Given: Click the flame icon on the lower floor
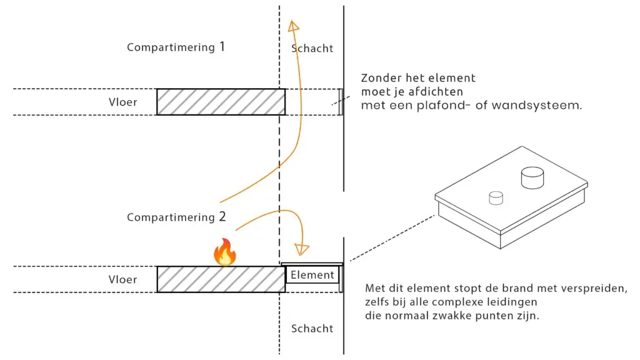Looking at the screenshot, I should click(x=224, y=252).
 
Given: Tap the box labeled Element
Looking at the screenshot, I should click(x=312, y=275).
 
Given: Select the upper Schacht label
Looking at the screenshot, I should click(x=312, y=48).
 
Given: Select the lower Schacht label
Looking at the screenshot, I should click(x=312, y=328).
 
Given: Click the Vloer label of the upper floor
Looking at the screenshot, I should click(x=122, y=102).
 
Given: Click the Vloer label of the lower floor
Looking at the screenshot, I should click(x=122, y=279).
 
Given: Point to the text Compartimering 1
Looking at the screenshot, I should click(x=176, y=47).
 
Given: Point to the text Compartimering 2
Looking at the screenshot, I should click(x=176, y=217).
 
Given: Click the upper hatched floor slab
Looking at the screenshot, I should click(x=221, y=102).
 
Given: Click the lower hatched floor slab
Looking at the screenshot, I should click(x=221, y=279).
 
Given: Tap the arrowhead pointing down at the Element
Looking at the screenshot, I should click(x=302, y=249).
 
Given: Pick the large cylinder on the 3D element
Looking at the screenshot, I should click(x=532, y=177).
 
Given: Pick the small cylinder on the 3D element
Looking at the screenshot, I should click(x=496, y=197).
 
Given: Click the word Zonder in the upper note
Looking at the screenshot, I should click(x=381, y=79).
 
